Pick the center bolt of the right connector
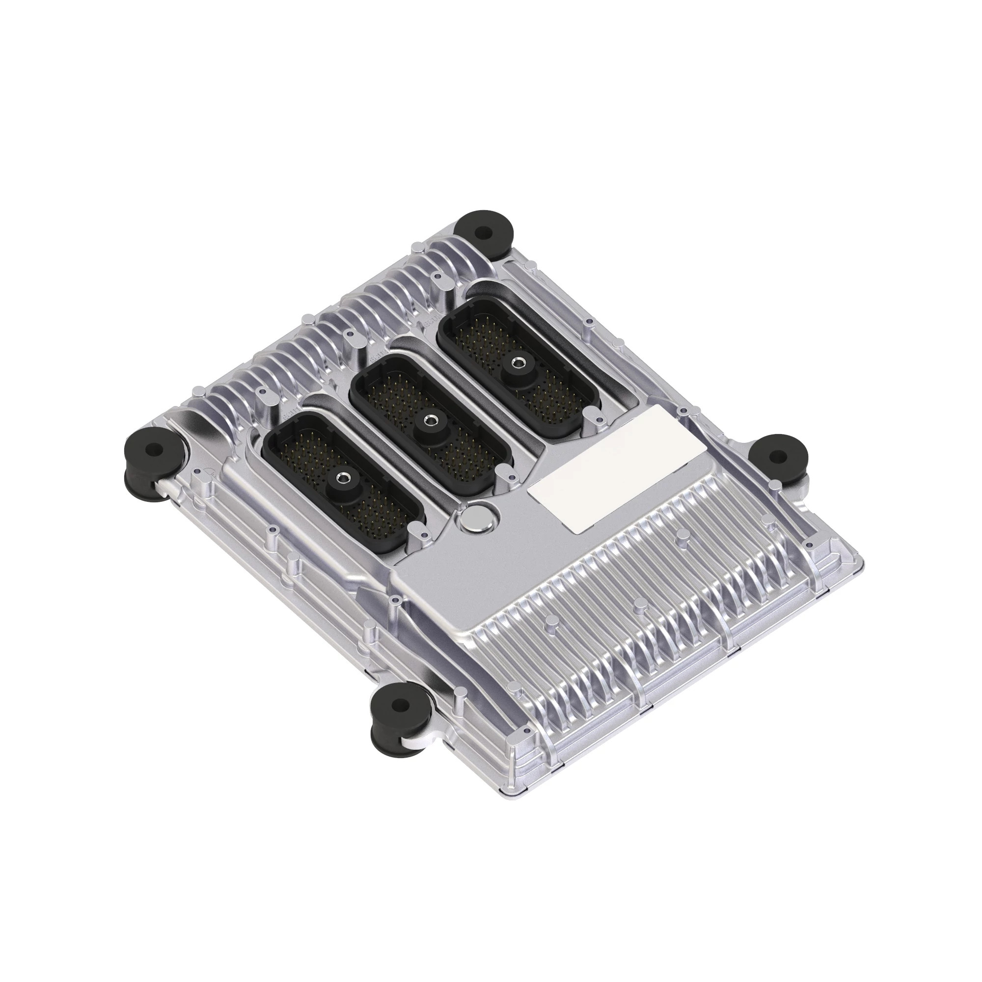519,362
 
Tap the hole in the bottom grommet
401,705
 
